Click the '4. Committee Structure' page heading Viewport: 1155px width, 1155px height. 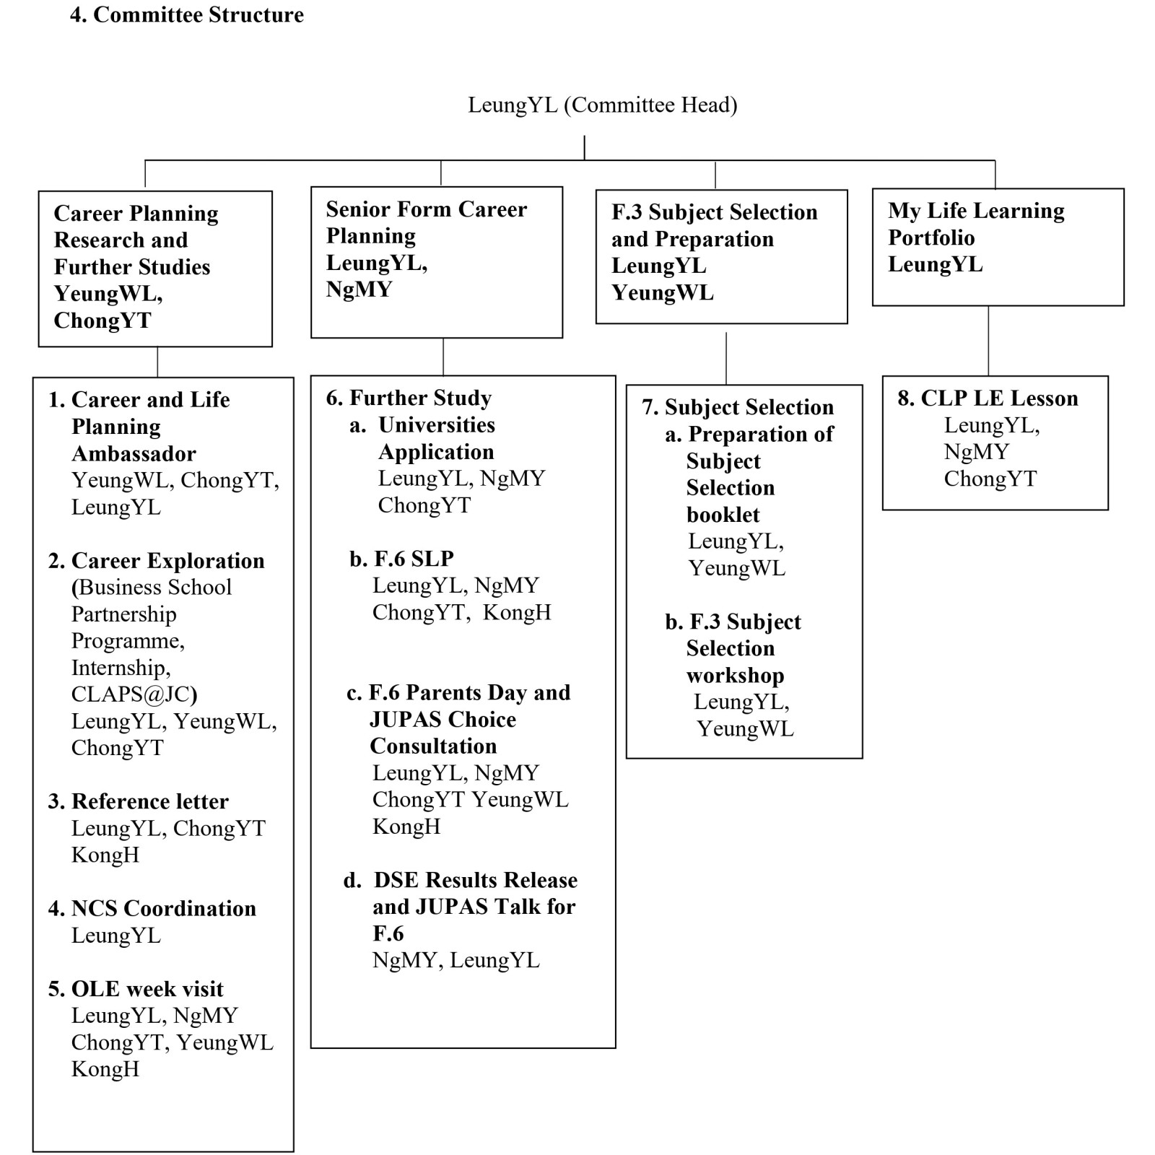(187, 15)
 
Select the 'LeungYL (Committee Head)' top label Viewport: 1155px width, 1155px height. (602, 105)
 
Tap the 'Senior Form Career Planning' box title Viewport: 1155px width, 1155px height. (426, 222)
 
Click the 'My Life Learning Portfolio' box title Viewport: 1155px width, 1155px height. (975, 224)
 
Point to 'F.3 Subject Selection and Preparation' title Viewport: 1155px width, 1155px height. (714, 225)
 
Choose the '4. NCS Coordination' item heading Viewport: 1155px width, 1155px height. (152, 908)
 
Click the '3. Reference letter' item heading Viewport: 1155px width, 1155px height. (139, 801)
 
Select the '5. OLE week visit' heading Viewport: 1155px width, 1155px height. (136, 988)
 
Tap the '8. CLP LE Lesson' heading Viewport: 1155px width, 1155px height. (988, 398)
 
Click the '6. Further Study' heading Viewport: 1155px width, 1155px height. (409, 398)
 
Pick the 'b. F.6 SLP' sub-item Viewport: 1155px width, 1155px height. (401, 559)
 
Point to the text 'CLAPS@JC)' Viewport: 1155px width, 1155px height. (134, 694)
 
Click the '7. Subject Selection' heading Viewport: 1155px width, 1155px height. (738, 407)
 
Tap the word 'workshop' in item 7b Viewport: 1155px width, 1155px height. (735, 676)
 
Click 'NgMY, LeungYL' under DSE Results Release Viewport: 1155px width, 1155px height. (456, 960)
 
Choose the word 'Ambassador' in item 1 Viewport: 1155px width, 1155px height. (134, 453)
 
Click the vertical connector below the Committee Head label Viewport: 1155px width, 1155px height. (584, 147)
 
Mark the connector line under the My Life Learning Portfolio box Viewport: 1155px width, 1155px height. (988, 340)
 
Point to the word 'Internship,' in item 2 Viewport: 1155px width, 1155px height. (121, 668)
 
